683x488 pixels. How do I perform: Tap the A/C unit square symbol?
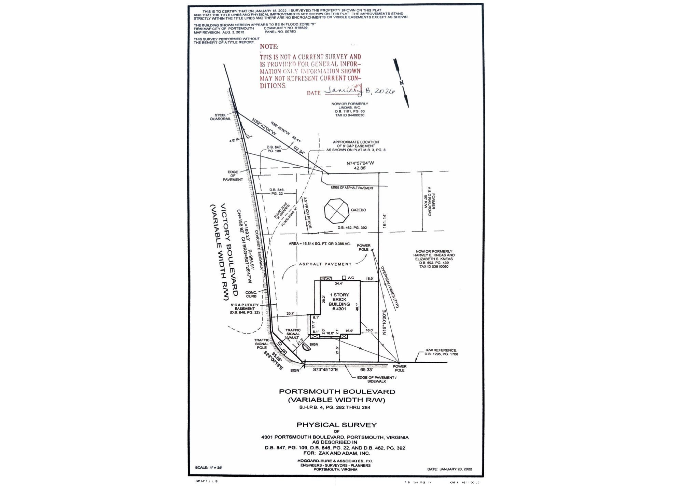(x=344, y=278)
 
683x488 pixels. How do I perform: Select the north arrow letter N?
(x=402, y=82)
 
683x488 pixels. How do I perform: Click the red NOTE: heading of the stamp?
(x=269, y=46)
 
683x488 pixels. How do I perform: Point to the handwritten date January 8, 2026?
(x=359, y=90)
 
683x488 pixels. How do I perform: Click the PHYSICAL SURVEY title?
(x=336, y=425)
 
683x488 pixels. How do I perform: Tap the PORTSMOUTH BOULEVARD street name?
(x=337, y=392)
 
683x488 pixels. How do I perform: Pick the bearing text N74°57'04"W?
(x=360, y=163)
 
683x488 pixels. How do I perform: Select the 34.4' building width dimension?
(x=338, y=283)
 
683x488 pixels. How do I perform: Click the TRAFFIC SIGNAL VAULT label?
(x=293, y=334)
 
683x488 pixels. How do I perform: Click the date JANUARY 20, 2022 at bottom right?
(x=449, y=469)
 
